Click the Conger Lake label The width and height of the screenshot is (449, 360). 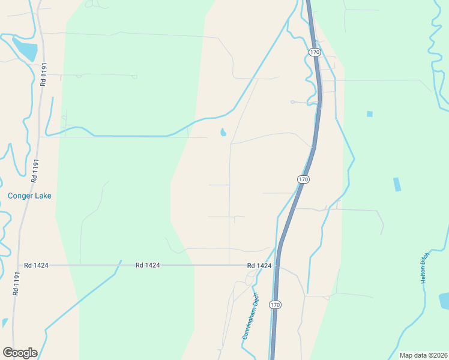coord(29,196)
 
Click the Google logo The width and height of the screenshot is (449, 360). coord(20,353)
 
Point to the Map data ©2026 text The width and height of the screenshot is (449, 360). coord(423,355)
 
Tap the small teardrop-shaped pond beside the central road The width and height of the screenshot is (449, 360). coord(223,132)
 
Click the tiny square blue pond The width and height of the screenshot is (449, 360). coord(369,114)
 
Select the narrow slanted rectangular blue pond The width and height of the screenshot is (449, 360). coord(397,184)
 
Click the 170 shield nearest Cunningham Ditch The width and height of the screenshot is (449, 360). coord(275,305)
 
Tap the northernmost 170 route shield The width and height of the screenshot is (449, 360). coord(315,52)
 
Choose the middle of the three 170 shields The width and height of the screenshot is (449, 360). coord(303,179)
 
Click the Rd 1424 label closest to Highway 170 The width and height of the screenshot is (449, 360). coord(259,265)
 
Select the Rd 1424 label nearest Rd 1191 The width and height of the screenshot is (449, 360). coord(36,265)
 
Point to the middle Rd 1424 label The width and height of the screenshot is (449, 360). coord(148,265)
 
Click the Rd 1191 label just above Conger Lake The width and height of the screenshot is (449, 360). coord(35,170)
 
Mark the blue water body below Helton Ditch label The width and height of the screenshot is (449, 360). coord(444,300)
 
